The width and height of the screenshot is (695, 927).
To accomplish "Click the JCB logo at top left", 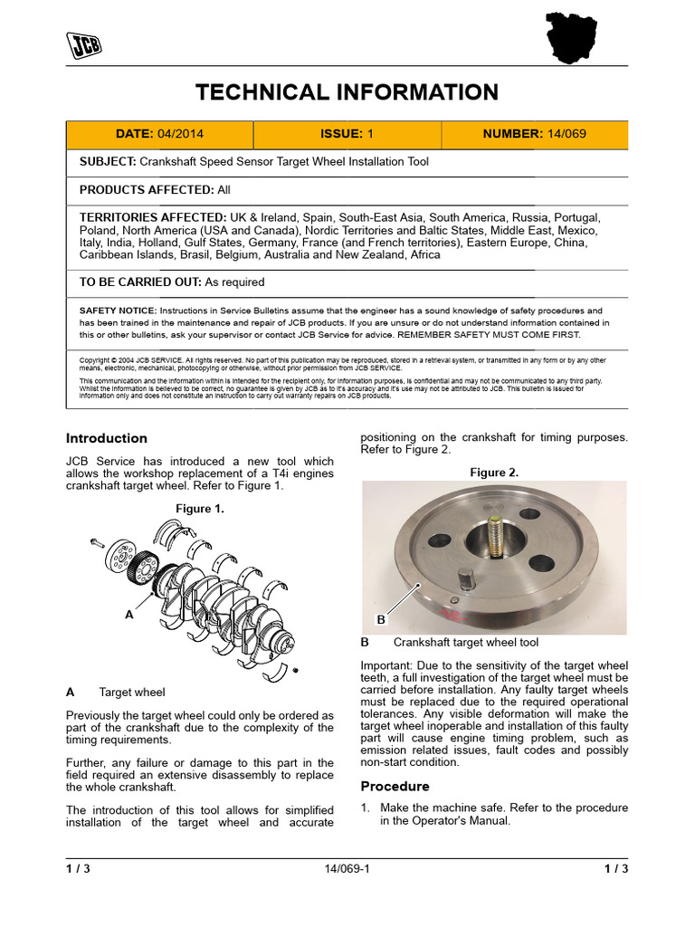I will coord(82,43).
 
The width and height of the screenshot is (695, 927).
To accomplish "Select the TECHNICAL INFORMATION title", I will coord(347,91).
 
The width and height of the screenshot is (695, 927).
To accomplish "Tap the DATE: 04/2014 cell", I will coord(159,134).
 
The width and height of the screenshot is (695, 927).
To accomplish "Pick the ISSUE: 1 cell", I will coord(347,134).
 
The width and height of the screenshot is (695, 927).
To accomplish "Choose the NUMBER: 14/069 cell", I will coord(534,134).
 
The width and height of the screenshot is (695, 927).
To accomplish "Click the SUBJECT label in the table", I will coord(107,162).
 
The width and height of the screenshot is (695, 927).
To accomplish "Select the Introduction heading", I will coord(107,438).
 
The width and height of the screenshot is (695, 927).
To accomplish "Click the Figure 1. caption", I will coord(200,509).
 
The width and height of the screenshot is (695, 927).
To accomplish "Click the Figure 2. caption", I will coord(494,473).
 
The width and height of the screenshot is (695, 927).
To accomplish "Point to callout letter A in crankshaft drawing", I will coord(129,614).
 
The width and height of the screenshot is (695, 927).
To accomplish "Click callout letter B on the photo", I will coord(381,620).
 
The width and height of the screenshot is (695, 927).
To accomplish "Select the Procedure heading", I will coord(395,786).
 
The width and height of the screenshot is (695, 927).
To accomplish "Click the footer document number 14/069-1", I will coord(347,870).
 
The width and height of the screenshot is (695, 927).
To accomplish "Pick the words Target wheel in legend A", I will coord(132,693).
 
